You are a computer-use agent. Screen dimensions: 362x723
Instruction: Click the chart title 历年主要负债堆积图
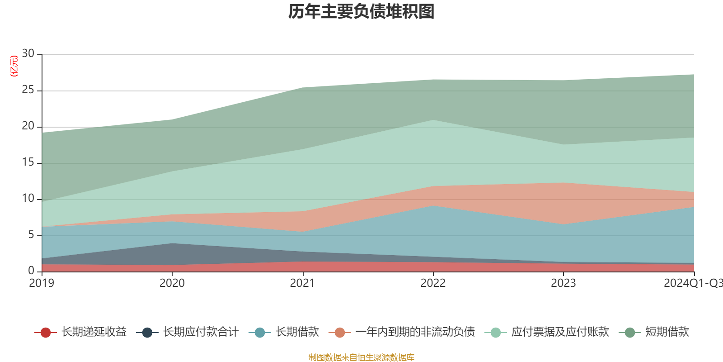tap(361, 12)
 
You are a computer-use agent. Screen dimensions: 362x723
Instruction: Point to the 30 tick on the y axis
tap(28, 54)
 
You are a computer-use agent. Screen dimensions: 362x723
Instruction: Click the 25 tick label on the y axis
tap(28, 90)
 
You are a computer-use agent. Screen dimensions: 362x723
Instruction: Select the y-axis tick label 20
tap(28, 126)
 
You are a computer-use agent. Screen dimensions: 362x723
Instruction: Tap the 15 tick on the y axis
tap(28, 162)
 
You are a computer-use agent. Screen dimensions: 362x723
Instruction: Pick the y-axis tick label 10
tap(28, 199)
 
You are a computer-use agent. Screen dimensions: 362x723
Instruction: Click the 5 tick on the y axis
tap(31, 235)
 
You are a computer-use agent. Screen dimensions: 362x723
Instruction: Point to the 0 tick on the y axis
tap(31, 271)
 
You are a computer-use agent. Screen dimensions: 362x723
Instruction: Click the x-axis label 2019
tap(42, 283)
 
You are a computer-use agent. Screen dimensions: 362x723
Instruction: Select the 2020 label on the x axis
tap(172, 283)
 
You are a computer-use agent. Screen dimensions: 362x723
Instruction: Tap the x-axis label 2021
tap(302, 283)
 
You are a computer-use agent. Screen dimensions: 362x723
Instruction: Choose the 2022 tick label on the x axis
tap(433, 283)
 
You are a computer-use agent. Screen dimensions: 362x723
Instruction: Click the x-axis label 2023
tap(563, 283)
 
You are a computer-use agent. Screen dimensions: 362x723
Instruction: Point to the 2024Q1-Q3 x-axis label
tap(693, 283)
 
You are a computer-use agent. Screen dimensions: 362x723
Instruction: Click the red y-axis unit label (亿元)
tap(14, 66)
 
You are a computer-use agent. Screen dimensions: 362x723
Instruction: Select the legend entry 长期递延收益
tap(94, 332)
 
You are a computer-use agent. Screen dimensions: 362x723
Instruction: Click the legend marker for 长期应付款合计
tap(147, 333)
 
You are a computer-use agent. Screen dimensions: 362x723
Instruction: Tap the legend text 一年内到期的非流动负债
tap(415, 332)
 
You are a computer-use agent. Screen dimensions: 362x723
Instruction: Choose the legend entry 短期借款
tap(667, 332)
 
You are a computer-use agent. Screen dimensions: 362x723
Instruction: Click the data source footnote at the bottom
tap(361, 357)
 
